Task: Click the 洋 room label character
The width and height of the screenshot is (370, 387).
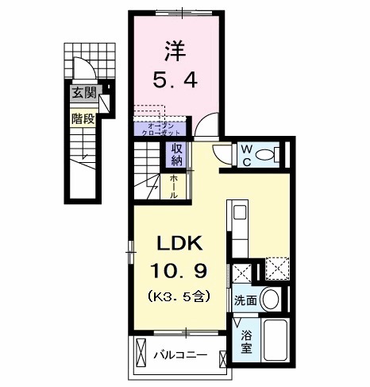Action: [175, 51]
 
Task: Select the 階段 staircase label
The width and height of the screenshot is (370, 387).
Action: [82, 119]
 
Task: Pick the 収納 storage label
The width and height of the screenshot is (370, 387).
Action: [175, 155]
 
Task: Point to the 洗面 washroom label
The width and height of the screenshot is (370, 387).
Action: [245, 300]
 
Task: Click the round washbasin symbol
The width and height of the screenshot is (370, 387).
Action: [270, 300]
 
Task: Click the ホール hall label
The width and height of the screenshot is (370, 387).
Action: [174, 187]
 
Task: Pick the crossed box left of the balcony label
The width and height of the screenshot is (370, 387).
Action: [141, 350]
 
